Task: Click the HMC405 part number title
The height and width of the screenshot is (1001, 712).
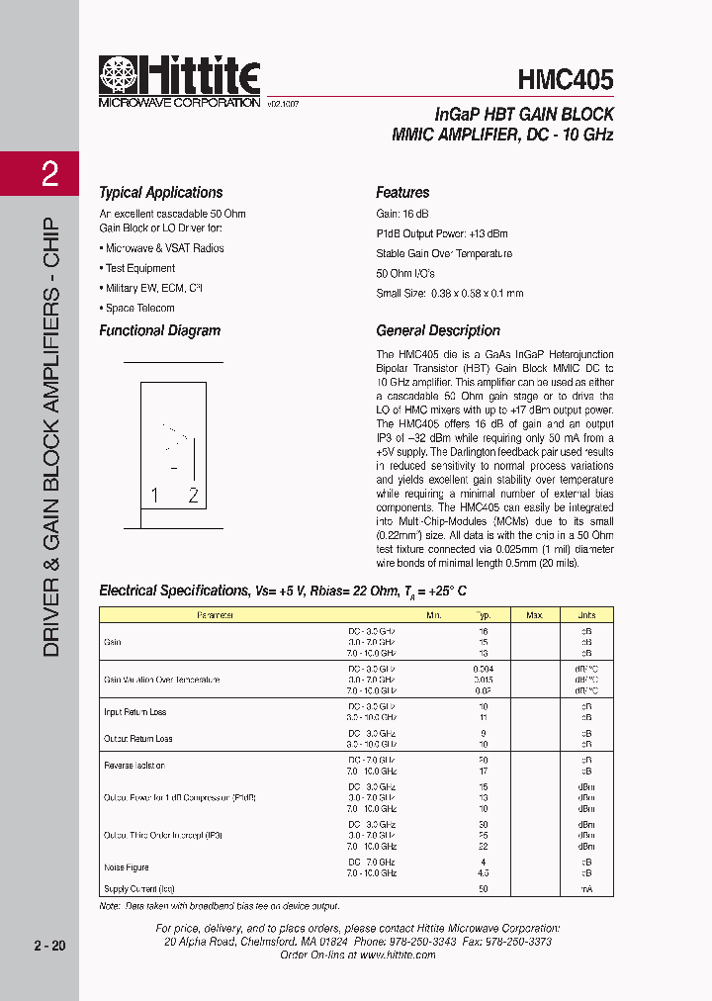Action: (565, 79)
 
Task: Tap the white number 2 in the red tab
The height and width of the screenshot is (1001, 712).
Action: (49, 175)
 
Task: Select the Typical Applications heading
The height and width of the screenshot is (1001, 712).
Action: (160, 193)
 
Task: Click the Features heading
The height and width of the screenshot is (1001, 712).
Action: (402, 193)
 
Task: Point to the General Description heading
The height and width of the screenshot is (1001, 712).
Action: (438, 331)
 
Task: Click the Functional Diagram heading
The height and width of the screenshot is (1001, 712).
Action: (159, 331)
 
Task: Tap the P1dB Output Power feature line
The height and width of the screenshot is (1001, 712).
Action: (441, 233)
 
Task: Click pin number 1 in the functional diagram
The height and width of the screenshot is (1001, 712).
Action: (154, 497)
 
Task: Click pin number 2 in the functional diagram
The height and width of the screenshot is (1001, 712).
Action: (193, 497)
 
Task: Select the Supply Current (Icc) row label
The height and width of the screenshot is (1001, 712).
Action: (132, 889)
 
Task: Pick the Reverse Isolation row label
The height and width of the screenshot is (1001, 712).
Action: (134, 766)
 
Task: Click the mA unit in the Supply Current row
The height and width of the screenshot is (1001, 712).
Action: (585, 889)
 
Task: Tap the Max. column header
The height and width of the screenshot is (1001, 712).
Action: (534, 615)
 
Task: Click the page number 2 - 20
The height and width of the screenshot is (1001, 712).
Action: (48, 947)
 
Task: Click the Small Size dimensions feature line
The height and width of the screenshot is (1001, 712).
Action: (449, 294)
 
